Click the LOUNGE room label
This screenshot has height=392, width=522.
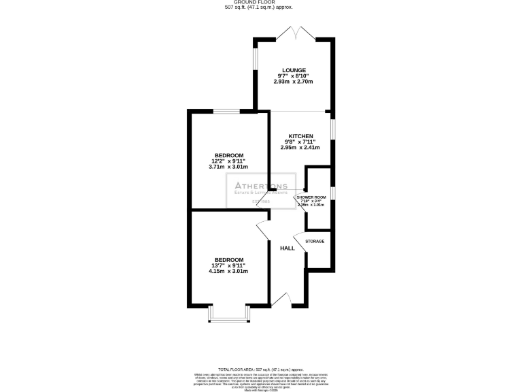click(x=294, y=69)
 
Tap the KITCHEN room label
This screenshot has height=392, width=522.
click(x=300, y=135)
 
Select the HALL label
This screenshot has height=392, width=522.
click(x=288, y=248)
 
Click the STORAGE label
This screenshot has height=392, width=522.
click(x=315, y=242)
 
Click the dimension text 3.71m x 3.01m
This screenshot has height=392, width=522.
click(x=228, y=167)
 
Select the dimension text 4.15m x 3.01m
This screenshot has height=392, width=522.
click(x=228, y=271)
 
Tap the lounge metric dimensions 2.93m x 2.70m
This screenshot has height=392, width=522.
click(x=294, y=82)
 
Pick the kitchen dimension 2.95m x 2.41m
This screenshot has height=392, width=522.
click(x=300, y=148)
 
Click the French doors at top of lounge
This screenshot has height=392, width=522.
click(x=294, y=34)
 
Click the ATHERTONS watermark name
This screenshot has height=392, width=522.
click(x=261, y=186)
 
